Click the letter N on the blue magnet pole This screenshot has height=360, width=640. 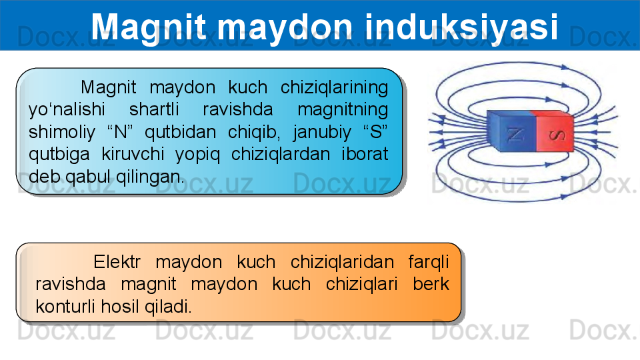point(515,134)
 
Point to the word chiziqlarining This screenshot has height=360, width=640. point(334,88)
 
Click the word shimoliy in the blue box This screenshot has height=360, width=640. point(62,132)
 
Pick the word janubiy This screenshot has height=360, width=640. point(321,132)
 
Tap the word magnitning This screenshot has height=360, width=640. point(343,110)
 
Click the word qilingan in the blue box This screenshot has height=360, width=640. point(150,177)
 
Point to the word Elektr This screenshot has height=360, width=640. point(117,261)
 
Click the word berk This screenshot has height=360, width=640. point(431,284)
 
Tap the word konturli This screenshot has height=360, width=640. point(66,306)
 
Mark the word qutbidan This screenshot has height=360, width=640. point(181,132)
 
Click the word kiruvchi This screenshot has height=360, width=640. point(133,154)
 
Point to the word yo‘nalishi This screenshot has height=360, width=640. point(67,110)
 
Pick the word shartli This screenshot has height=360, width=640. point(154,109)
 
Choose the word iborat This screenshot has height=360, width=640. point(365,154)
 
